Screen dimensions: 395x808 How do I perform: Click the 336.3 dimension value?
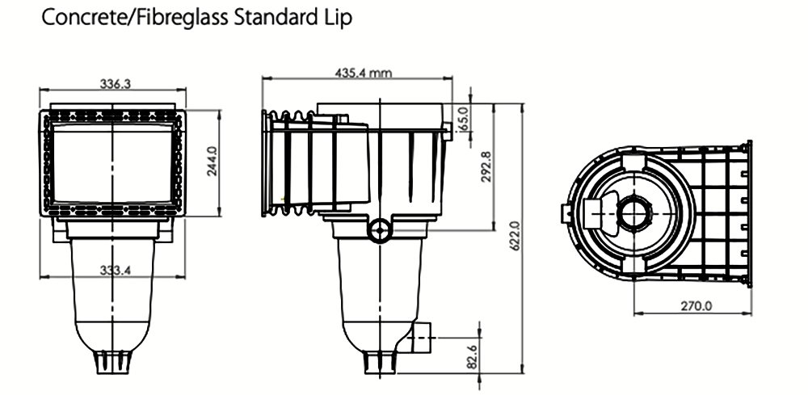click(x=116, y=83)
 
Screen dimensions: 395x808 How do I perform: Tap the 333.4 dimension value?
click(x=116, y=270)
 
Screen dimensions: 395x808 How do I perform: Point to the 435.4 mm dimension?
click(x=363, y=73)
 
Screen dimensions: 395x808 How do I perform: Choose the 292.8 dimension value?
click(x=486, y=167)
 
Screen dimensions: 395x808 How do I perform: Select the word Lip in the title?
click(x=339, y=19)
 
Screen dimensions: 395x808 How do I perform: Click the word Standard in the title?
click(x=277, y=19)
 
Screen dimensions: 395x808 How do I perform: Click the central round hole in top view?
click(x=632, y=214)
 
